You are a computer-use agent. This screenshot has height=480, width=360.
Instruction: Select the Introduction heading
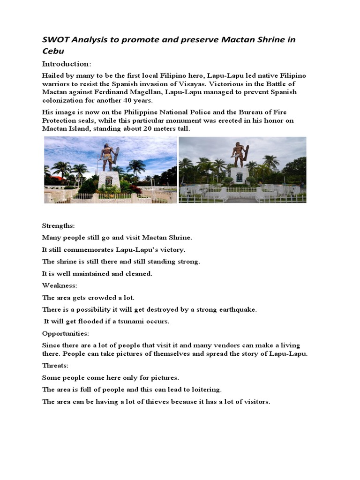pyautogui.click(x=67, y=64)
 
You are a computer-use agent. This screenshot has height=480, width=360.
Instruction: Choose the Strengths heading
pyautogui.click(x=59, y=225)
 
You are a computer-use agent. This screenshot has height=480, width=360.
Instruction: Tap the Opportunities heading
pyautogui.click(x=65, y=333)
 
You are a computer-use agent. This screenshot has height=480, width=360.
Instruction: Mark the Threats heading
pyautogui.click(x=55, y=365)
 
